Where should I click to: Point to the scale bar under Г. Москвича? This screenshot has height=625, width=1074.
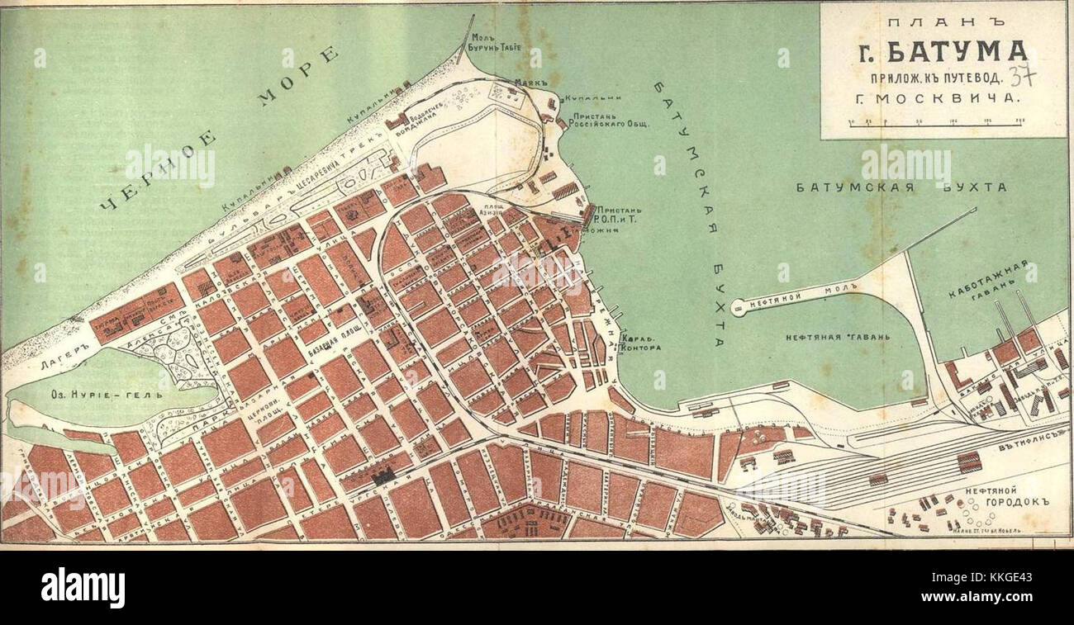tap(936, 122)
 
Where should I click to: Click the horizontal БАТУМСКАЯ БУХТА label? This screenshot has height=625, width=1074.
tap(901, 187)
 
